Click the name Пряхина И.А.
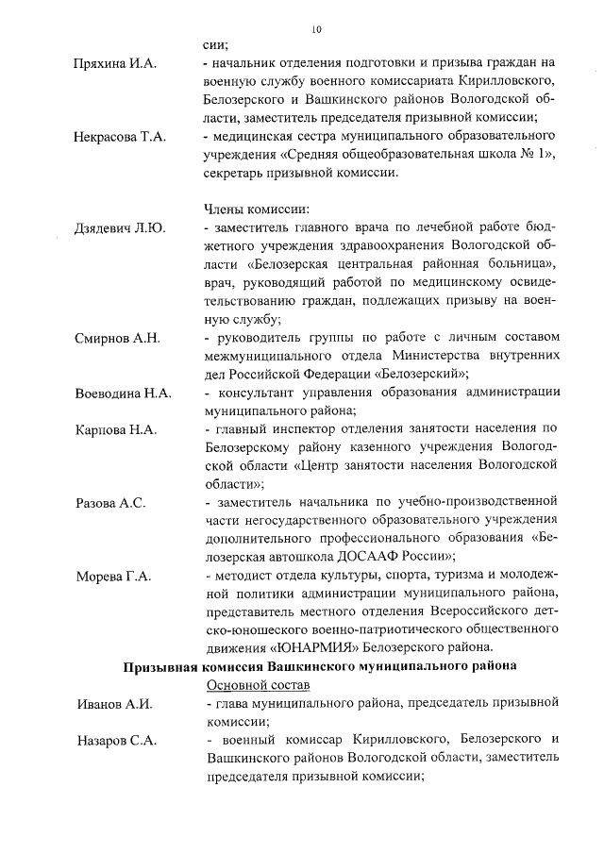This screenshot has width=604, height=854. click(116, 63)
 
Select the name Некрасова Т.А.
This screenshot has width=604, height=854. click(120, 138)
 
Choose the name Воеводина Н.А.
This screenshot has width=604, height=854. click(123, 393)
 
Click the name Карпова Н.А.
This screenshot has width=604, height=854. click(115, 429)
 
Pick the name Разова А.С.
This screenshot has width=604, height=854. click(109, 503)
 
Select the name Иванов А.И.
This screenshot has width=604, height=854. click(112, 703)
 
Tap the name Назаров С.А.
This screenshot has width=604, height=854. click(116, 741)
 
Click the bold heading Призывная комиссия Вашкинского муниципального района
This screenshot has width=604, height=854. click(321, 666)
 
